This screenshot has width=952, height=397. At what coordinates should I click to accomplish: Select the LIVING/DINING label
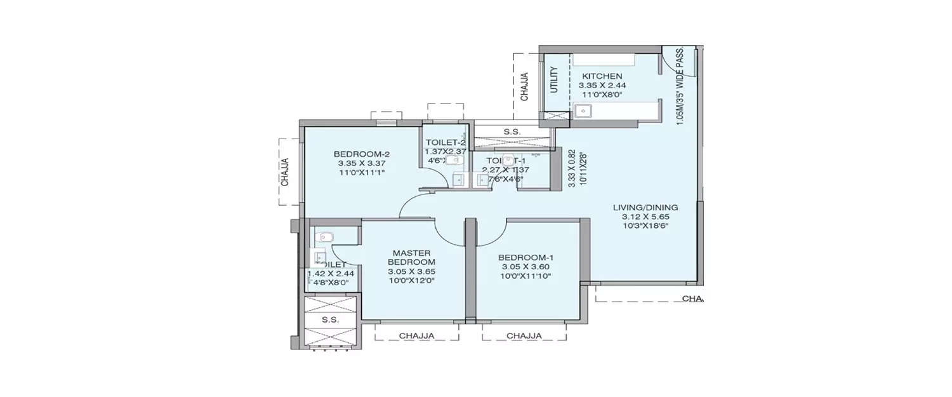(x=645, y=207)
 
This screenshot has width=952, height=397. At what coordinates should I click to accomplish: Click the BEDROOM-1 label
(x=526, y=257)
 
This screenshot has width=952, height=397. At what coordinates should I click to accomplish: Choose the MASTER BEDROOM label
(x=411, y=257)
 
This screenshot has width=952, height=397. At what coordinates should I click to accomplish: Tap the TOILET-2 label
(x=446, y=142)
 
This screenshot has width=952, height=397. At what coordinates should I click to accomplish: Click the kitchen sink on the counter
(x=583, y=112)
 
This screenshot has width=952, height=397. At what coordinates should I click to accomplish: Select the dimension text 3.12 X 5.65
(x=645, y=216)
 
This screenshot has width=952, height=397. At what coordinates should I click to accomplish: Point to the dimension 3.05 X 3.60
(x=526, y=267)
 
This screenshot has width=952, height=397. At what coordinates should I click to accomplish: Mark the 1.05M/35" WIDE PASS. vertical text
(x=680, y=86)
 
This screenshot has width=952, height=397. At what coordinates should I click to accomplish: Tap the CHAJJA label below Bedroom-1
(x=524, y=335)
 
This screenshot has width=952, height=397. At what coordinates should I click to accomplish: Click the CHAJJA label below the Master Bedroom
(x=416, y=335)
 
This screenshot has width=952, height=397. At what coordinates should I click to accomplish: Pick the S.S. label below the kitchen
(x=512, y=132)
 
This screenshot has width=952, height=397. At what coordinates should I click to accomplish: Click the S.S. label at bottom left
(x=330, y=320)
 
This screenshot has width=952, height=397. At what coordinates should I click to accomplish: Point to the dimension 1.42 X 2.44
(x=331, y=274)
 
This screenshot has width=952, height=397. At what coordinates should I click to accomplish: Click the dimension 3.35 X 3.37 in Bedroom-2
(x=362, y=163)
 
